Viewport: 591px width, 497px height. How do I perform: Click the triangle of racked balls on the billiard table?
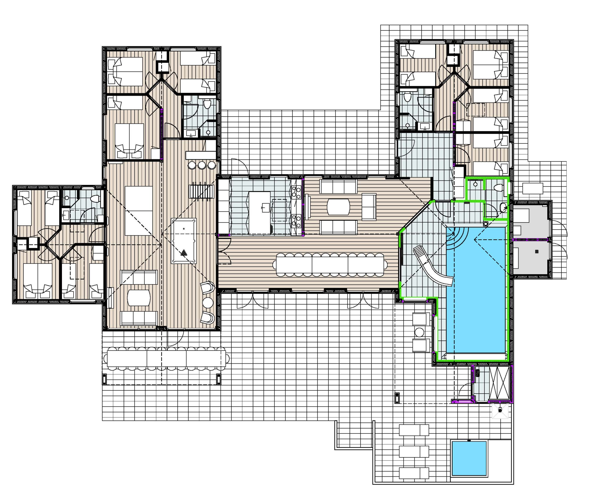pos(184,253)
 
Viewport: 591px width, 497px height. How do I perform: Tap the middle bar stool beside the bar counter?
pos(202,165)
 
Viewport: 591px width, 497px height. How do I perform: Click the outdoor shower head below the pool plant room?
pos(500,410)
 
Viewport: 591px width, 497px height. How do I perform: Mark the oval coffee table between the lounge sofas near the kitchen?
pos(338,207)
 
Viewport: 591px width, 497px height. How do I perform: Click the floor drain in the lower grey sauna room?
pos(537,251)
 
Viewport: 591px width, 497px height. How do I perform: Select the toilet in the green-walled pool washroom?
pos(498,187)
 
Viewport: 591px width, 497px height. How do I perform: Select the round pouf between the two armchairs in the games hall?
pos(208,303)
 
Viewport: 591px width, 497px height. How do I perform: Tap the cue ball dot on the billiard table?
pos(184,229)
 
